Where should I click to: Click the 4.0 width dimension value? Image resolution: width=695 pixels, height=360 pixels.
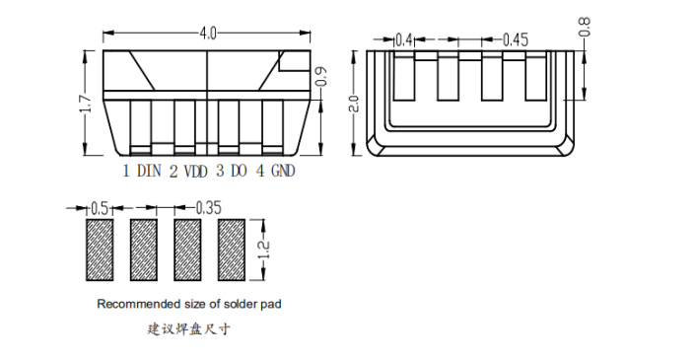pyautogui.click(x=208, y=34)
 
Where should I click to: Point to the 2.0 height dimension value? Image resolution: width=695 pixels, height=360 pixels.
pyautogui.click(x=355, y=104)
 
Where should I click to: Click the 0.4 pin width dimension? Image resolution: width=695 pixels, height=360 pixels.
pyautogui.click(x=404, y=40)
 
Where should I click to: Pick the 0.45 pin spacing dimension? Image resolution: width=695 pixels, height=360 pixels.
pyautogui.click(x=516, y=40)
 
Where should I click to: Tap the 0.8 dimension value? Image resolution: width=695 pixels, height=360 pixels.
pyautogui.click(x=585, y=27)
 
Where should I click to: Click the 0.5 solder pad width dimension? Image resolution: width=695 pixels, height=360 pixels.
pyautogui.click(x=100, y=208)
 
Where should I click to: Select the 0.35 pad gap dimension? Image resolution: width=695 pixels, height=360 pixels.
pyautogui.click(x=208, y=207)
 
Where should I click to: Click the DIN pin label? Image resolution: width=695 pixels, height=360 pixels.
pyautogui.click(x=149, y=171)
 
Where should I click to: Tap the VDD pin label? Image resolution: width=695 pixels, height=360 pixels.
pyautogui.click(x=195, y=172)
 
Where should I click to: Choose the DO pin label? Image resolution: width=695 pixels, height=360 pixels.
pyautogui.click(x=239, y=171)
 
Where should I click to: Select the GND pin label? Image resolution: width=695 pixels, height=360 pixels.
pyautogui.click(x=283, y=171)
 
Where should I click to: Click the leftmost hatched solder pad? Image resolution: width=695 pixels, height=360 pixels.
pyautogui.click(x=100, y=250)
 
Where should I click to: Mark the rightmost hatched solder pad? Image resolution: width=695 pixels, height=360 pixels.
pyautogui.click(x=231, y=250)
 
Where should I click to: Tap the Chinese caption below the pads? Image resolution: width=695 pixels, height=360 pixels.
pyautogui.click(x=189, y=329)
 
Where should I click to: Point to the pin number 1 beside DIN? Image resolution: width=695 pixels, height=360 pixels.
pyautogui.click(x=126, y=171)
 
